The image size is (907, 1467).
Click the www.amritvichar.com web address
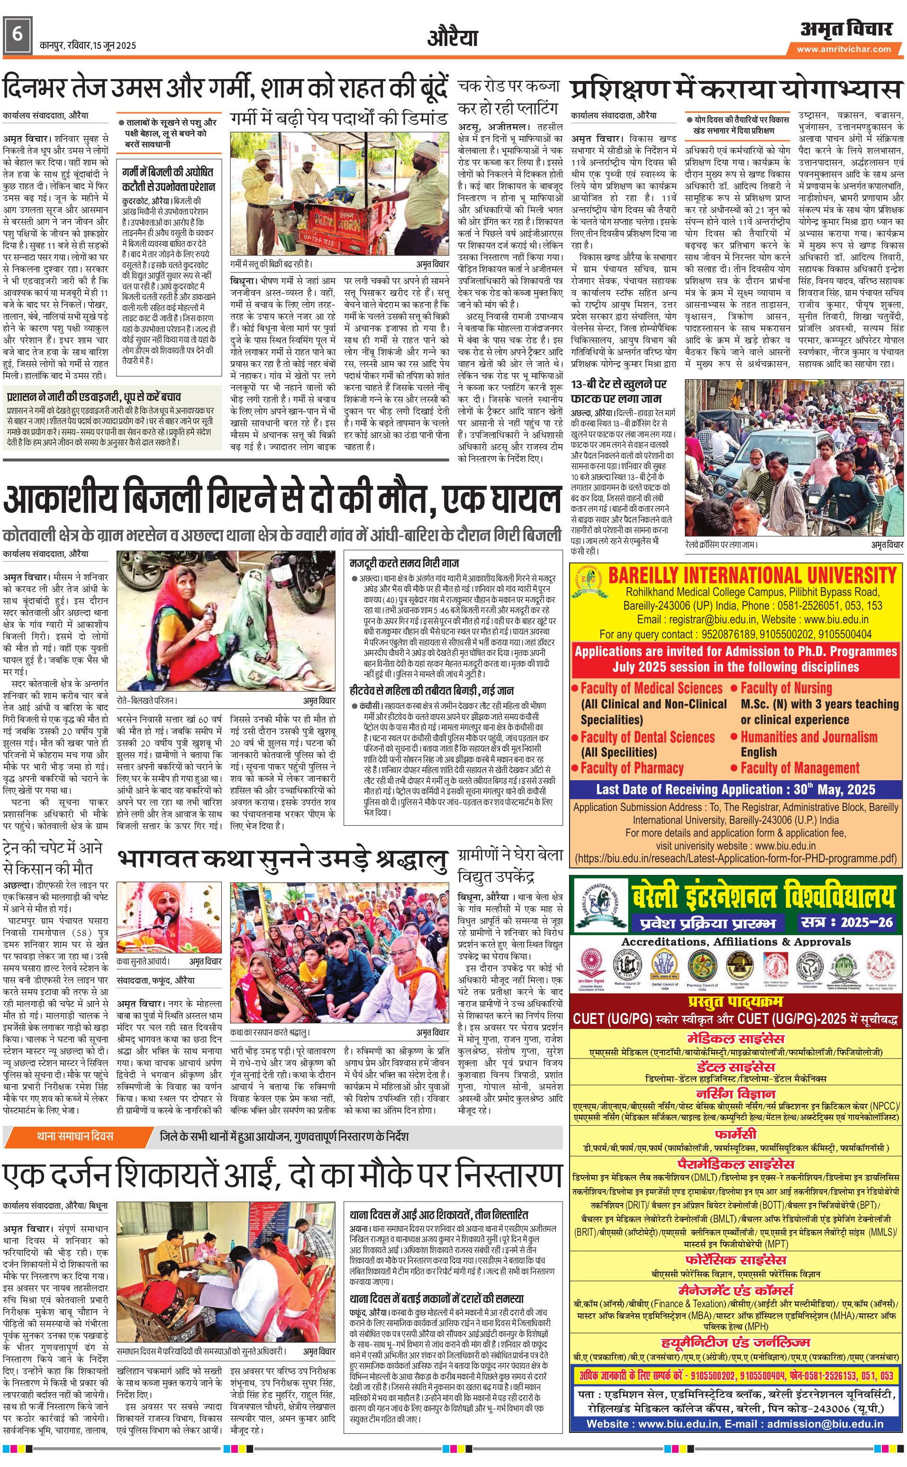point(844,49)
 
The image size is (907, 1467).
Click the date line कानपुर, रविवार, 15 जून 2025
point(88,45)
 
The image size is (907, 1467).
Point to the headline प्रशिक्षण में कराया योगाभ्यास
point(735,90)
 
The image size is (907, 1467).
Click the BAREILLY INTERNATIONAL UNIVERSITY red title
point(752,575)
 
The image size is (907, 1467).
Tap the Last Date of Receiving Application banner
point(735,790)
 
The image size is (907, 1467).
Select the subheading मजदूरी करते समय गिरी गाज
point(404,563)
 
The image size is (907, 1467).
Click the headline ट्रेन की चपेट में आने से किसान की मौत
point(53,858)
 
